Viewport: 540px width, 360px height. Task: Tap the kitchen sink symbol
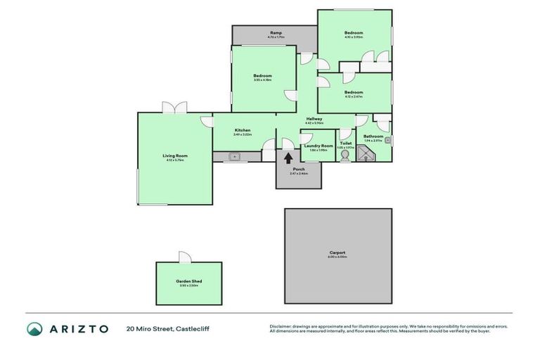[235, 157]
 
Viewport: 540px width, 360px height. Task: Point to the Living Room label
[175, 155]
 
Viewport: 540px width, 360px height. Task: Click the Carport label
[337, 252]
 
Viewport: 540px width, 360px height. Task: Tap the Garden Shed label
[188, 281]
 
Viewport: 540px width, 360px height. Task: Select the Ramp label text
[276, 32]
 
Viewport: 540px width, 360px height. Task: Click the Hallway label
[314, 119]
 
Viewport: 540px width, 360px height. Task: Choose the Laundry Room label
[318, 146]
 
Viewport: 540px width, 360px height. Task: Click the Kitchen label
[243, 130]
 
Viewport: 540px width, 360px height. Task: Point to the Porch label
[298, 169]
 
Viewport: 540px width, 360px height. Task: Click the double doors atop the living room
[174, 108]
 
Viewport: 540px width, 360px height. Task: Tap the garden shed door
[184, 257]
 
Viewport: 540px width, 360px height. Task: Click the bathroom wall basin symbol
[387, 140]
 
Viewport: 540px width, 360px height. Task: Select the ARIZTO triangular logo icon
[34, 328]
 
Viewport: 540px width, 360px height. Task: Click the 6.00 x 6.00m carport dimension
[337, 257]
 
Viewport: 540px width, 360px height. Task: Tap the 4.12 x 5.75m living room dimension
[175, 160]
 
